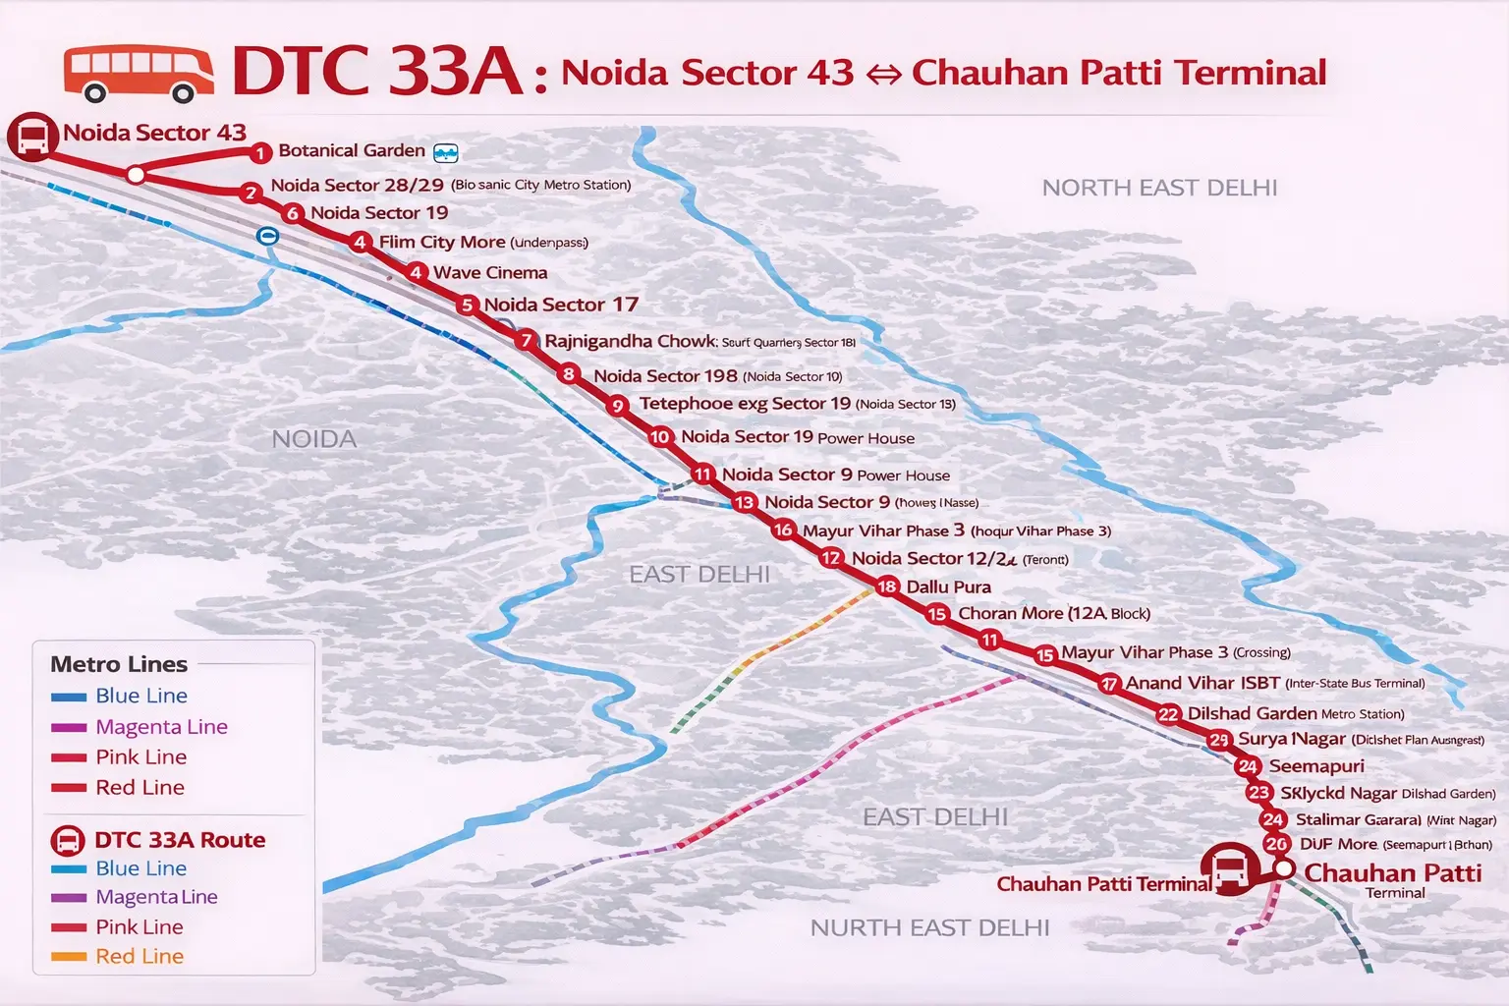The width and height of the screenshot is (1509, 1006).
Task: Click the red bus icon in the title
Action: pyautogui.click(x=139, y=74)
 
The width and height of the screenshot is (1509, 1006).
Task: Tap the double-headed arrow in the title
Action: pyautogui.click(x=883, y=75)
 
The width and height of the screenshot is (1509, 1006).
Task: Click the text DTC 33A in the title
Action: pyautogui.click(x=377, y=71)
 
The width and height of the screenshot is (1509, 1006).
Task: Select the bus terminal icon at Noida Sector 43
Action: pyautogui.click(x=32, y=137)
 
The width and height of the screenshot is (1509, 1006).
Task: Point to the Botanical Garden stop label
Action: pyautogui.click(x=351, y=150)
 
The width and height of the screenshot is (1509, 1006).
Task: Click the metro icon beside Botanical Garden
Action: pyautogui.click(x=446, y=152)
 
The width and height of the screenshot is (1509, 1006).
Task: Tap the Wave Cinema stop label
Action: pyautogui.click(x=490, y=273)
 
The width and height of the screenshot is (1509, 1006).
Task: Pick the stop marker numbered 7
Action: pyautogui.click(x=527, y=341)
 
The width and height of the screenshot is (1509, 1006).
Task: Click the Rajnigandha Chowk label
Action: pyautogui.click(x=630, y=341)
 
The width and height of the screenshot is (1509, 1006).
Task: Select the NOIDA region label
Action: pyautogui.click(x=313, y=439)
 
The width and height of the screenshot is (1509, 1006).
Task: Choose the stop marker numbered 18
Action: pyautogui.click(x=886, y=587)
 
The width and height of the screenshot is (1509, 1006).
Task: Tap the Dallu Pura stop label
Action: pyautogui.click(x=948, y=587)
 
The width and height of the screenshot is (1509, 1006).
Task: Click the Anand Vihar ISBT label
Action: pyautogui.click(x=1202, y=683)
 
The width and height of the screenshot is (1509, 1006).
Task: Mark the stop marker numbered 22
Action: pyautogui.click(x=1168, y=714)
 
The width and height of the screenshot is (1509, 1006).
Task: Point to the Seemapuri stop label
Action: pyautogui.click(x=1316, y=766)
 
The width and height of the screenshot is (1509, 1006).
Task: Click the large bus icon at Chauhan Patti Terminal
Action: pyautogui.click(x=1229, y=869)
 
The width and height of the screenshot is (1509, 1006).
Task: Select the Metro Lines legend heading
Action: pyautogui.click(x=119, y=664)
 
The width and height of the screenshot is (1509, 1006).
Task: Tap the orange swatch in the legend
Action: pyautogui.click(x=69, y=957)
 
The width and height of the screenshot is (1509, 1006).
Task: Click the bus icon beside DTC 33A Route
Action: pyautogui.click(x=68, y=841)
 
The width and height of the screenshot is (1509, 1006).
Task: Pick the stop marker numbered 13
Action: pyautogui.click(x=744, y=503)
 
